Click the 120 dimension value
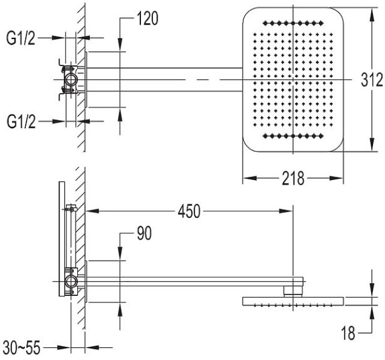(x=148, y=19)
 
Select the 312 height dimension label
(x=372, y=80)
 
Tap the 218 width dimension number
(x=293, y=178)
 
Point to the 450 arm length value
(x=189, y=211)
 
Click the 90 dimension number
(x=145, y=233)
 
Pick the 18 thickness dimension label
(x=348, y=333)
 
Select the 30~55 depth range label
(x=22, y=348)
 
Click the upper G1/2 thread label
(x=21, y=38)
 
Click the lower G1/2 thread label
(x=21, y=122)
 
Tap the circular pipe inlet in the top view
(x=71, y=80)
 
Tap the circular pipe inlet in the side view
(x=71, y=281)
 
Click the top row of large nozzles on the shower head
(x=293, y=23)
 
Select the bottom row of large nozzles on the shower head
(x=293, y=136)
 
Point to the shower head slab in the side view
(x=293, y=302)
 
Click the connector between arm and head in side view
(x=293, y=292)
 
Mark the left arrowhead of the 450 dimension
(x=92, y=211)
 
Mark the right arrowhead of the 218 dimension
(x=336, y=178)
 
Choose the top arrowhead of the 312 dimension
(x=372, y=14)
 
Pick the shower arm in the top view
(x=164, y=80)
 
